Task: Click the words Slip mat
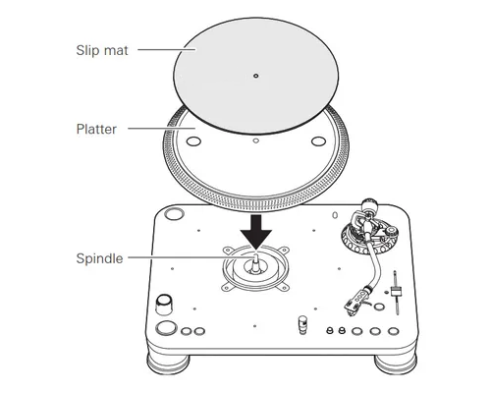[102, 50]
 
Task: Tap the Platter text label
[96, 129]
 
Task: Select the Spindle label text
[99, 258]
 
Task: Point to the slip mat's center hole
[256, 76]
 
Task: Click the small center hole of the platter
[256, 140]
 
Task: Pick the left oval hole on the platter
[193, 141]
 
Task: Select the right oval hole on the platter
[318, 141]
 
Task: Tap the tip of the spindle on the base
[256, 253]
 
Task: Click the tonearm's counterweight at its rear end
[369, 205]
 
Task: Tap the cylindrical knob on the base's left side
[164, 305]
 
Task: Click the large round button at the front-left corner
[166, 328]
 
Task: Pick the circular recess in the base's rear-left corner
[174, 214]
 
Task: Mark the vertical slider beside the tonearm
[396, 293]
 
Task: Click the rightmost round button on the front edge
[393, 331]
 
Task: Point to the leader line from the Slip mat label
[167, 50]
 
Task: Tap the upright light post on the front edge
[302, 324]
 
